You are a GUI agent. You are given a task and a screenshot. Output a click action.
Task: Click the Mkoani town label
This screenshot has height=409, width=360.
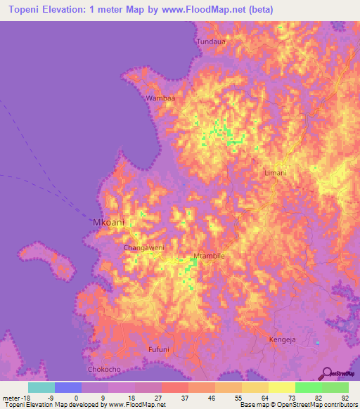(x=108, y=223)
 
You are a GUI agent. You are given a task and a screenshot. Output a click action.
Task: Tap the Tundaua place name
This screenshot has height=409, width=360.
(x=211, y=42)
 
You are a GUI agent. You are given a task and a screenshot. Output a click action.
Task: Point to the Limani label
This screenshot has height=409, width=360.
(x=275, y=173)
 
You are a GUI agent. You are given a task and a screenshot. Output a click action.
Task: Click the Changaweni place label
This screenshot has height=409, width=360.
(x=143, y=248)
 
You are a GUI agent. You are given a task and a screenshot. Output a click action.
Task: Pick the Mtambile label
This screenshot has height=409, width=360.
(x=209, y=256)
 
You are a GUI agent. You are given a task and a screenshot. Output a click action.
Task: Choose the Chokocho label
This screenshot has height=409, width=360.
(x=103, y=369)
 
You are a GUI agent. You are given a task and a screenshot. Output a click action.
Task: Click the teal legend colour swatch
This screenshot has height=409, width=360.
(x=41, y=387)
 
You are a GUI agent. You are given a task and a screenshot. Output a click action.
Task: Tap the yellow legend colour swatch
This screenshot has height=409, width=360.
(x=282, y=387)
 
